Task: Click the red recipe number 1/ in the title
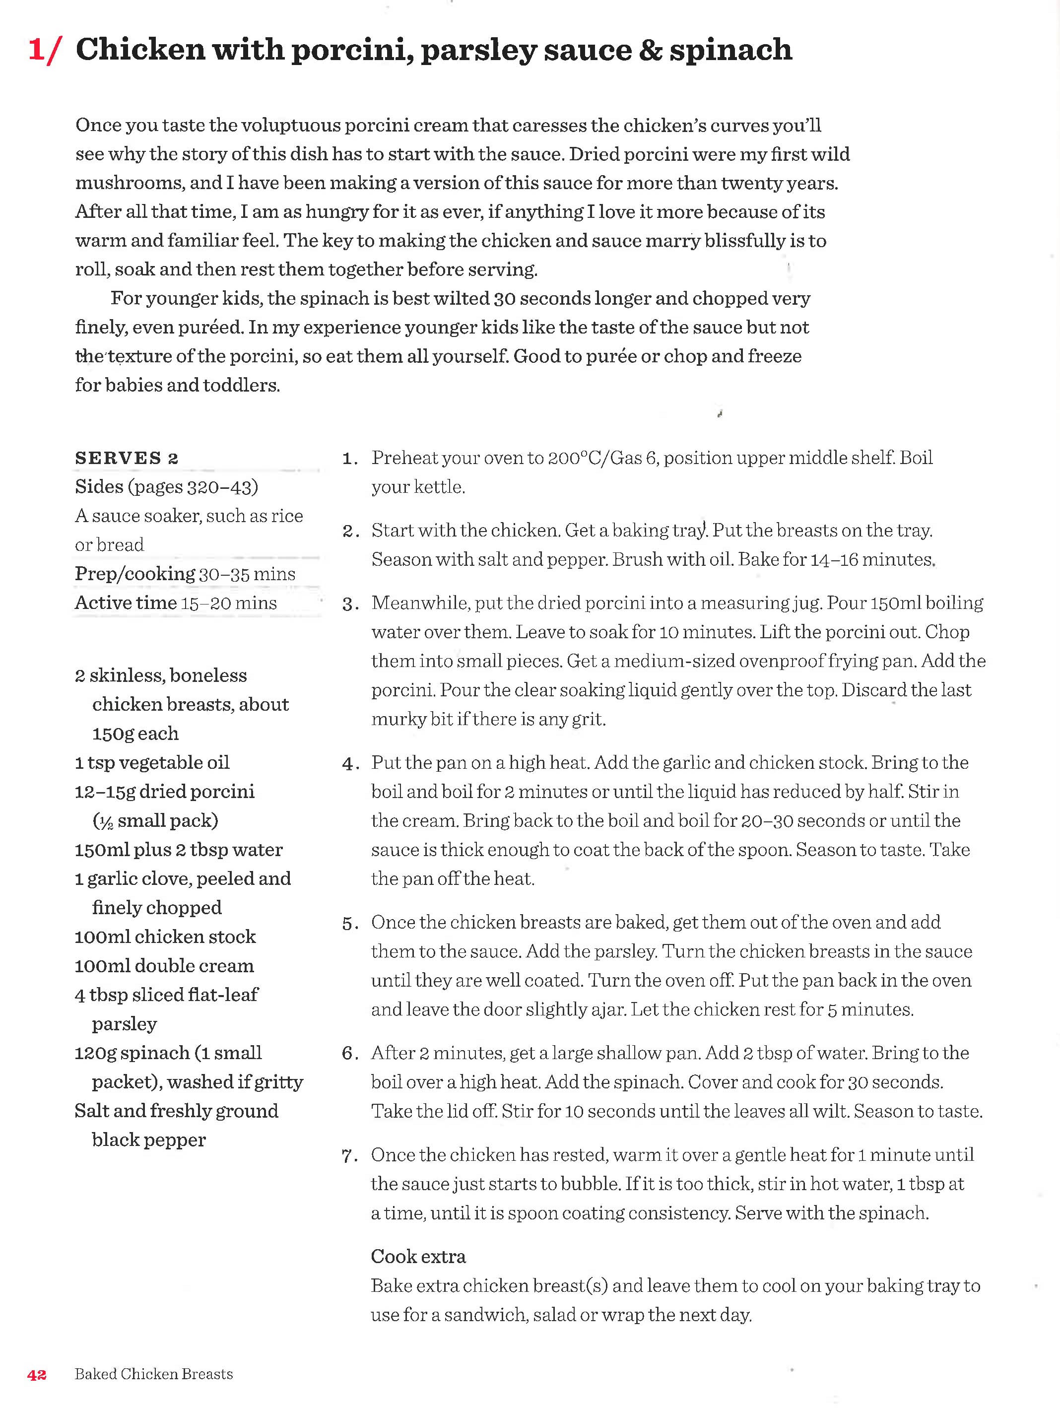click(45, 50)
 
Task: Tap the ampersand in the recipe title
click(650, 50)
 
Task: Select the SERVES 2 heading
click(127, 458)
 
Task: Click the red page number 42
click(37, 1374)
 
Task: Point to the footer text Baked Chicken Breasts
click(153, 1374)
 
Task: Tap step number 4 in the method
click(349, 763)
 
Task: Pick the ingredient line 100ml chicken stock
click(165, 937)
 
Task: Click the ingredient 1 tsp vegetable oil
click(151, 762)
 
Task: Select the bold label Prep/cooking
click(135, 574)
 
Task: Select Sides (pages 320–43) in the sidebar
click(166, 487)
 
